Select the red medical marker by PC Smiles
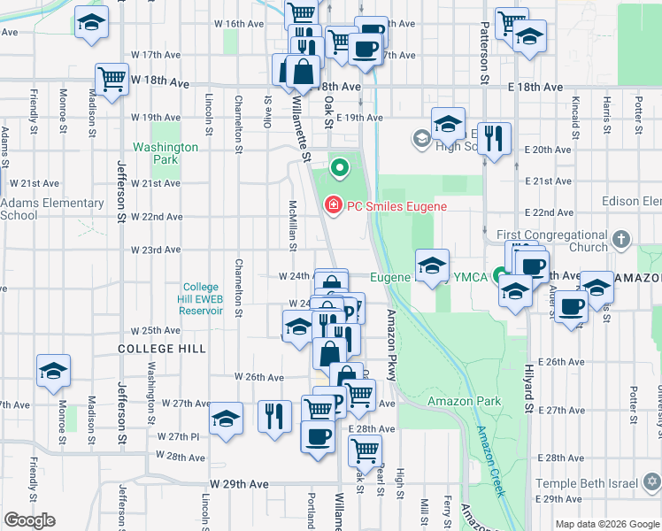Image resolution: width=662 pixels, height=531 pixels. point(333,206)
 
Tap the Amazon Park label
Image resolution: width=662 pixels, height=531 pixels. point(465,401)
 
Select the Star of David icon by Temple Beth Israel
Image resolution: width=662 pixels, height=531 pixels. point(652,482)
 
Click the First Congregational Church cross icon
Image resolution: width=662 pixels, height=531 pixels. point(622,239)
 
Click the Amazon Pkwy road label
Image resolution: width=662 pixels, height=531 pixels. point(389,346)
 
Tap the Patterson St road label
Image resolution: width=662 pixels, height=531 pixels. point(485,53)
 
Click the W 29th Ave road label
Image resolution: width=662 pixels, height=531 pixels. point(239,485)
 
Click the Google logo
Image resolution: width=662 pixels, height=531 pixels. point(30,520)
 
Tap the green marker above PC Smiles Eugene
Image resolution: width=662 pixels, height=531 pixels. point(338,166)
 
